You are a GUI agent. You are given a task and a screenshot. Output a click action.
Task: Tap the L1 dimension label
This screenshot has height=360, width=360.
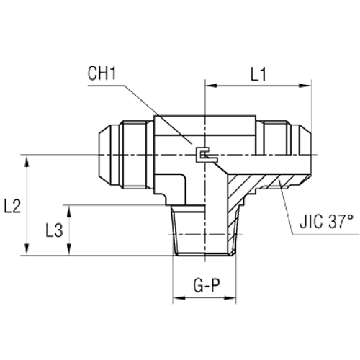point(259,74)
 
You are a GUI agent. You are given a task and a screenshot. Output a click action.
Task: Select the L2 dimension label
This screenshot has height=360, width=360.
point(12,207)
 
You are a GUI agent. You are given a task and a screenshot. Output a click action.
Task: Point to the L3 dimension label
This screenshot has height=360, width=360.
point(53,230)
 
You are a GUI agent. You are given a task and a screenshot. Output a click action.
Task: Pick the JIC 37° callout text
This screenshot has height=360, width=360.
point(328,223)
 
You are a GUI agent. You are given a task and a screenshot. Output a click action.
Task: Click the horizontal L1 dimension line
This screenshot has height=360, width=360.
point(259,86)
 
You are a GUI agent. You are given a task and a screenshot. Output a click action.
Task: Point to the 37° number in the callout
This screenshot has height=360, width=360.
point(343,223)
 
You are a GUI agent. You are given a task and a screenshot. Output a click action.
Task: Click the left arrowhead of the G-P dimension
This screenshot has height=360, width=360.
point(177,298)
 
